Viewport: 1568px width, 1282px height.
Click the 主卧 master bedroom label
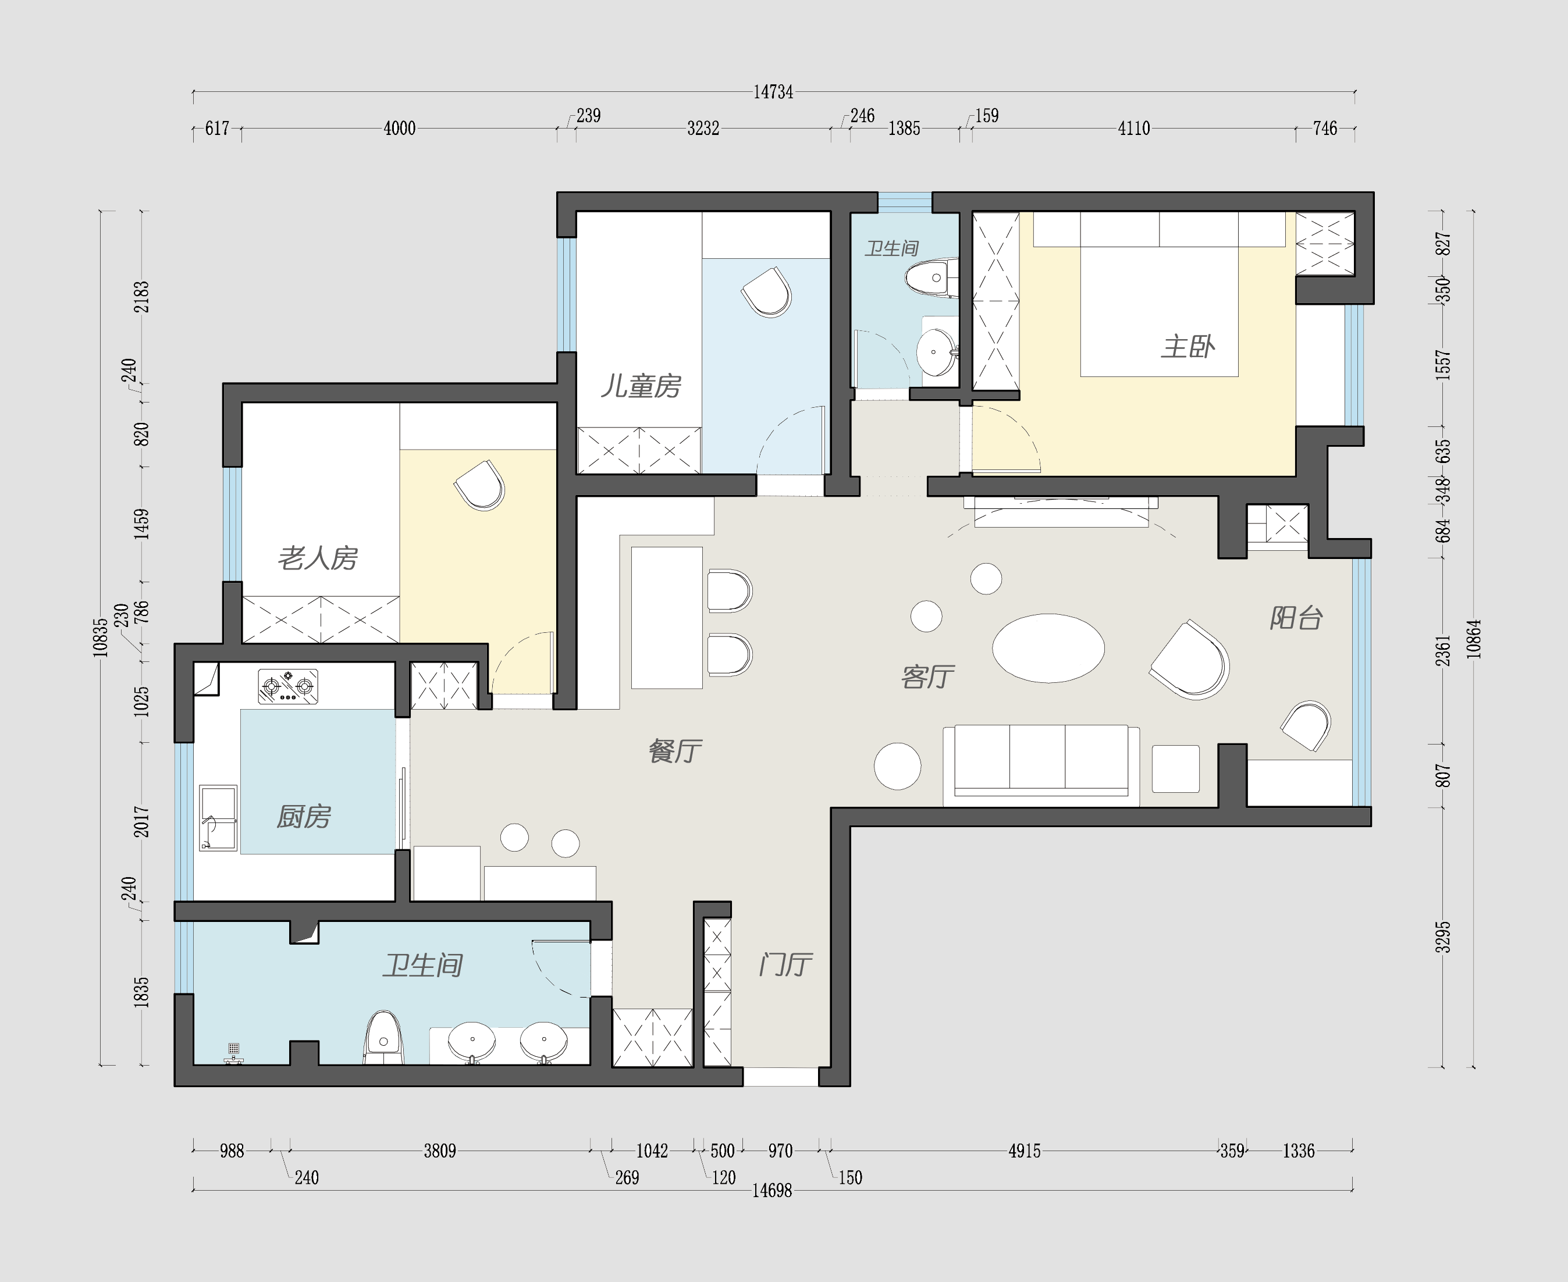tap(1187, 346)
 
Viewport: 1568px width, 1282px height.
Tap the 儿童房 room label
tap(641, 386)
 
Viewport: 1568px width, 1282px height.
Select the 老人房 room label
tap(318, 558)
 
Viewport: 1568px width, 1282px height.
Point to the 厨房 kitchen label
tap(304, 817)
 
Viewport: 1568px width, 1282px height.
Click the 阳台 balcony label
tap(1296, 618)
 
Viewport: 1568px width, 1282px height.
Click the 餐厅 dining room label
tap(675, 751)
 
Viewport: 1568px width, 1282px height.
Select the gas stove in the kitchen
tap(288, 686)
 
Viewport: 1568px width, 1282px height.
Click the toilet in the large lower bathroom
tap(383, 1038)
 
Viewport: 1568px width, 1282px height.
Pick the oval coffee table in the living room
tap(1048, 647)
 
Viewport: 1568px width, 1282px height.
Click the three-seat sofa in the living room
tap(1041, 764)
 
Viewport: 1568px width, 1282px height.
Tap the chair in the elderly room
tap(480, 486)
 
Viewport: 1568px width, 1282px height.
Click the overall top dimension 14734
tap(773, 92)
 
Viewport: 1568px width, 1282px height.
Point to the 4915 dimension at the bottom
tap(1025, 1151)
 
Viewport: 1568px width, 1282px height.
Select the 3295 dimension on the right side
tap(1442, 936)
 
